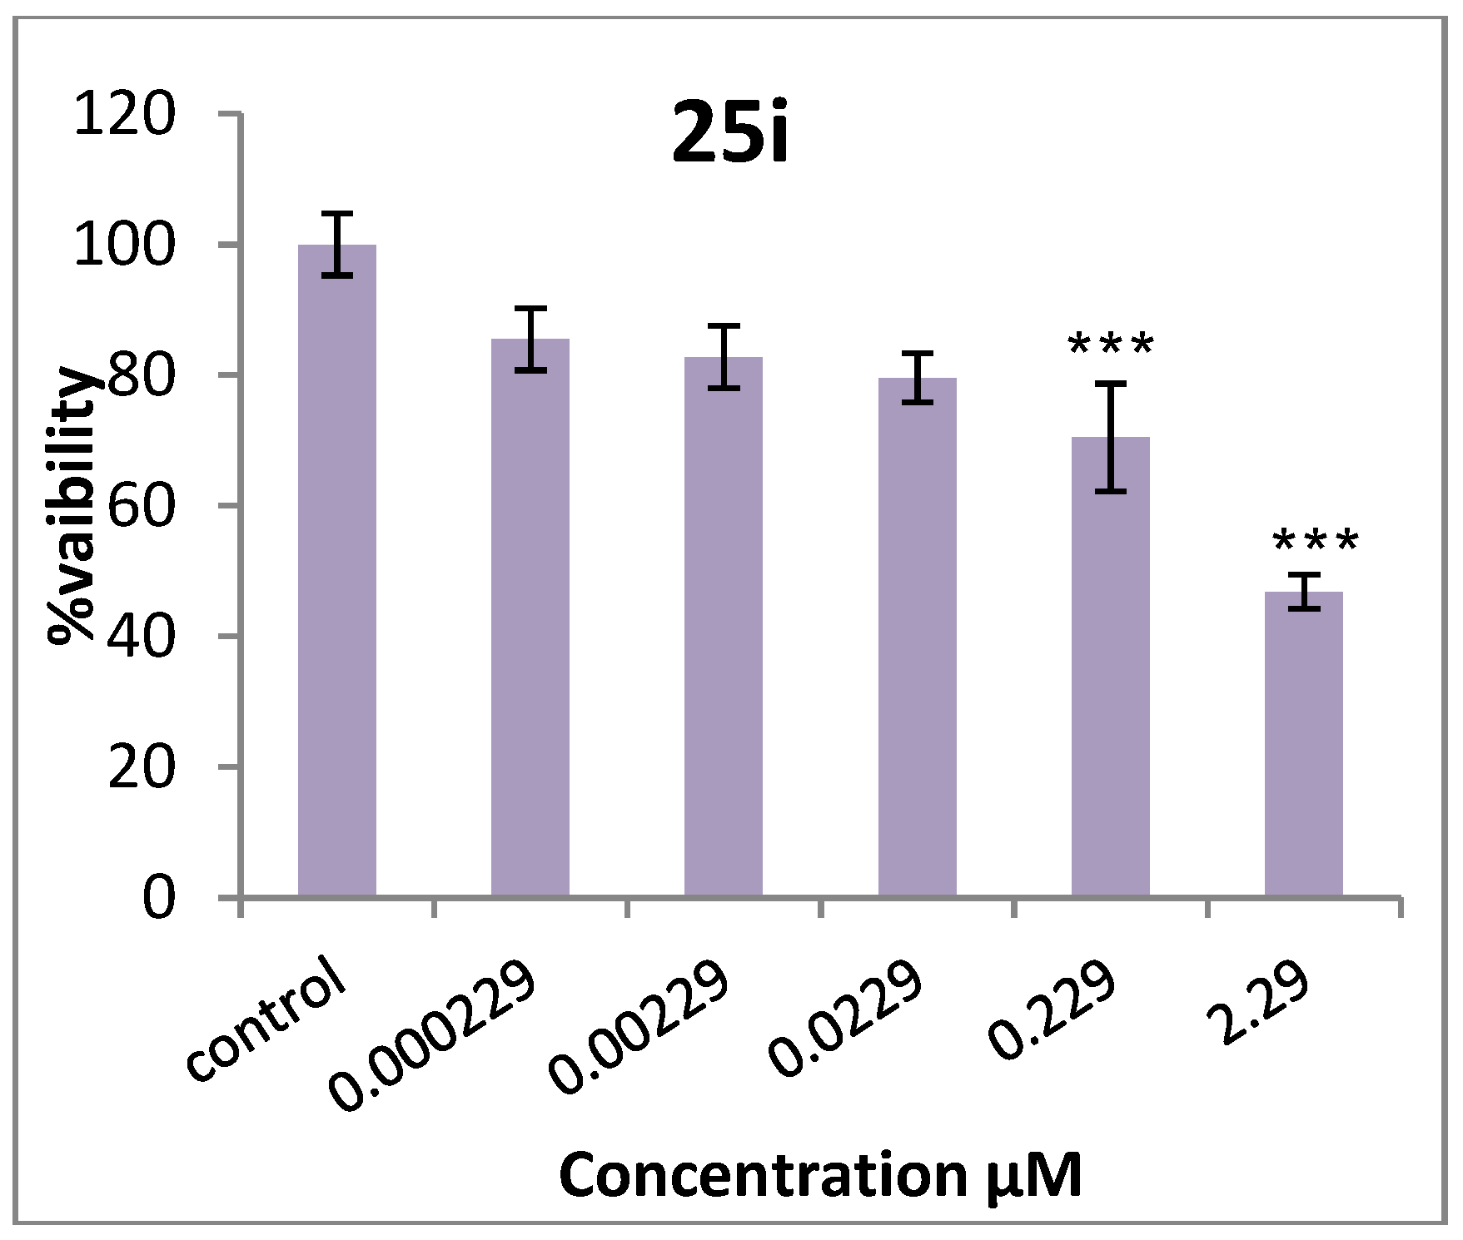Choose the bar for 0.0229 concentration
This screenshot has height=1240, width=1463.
917,637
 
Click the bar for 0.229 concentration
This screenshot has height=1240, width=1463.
1110,667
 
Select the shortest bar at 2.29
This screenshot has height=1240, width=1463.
1303,744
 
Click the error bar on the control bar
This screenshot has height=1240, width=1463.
336,244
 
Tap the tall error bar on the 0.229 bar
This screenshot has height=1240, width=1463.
1110,437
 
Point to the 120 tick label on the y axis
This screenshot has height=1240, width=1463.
125,114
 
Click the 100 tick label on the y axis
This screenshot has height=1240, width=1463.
125,245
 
